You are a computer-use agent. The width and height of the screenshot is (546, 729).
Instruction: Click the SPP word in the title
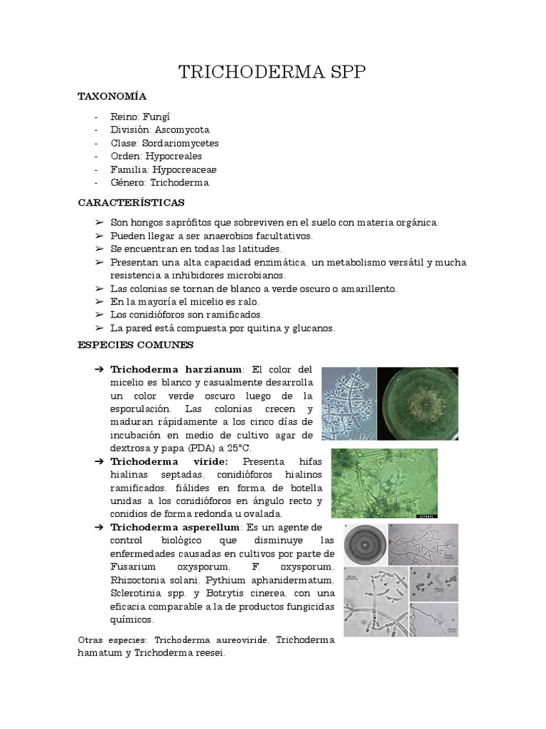coord(343,73)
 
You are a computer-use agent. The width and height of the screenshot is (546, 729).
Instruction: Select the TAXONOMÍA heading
coord(112,96)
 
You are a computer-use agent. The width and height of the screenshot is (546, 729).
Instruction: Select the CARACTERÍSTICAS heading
coord(131,203)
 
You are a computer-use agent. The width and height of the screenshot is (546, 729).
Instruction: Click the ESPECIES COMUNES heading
coord(135,345)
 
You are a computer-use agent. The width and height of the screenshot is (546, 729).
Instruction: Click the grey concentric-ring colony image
coord(366,544)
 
